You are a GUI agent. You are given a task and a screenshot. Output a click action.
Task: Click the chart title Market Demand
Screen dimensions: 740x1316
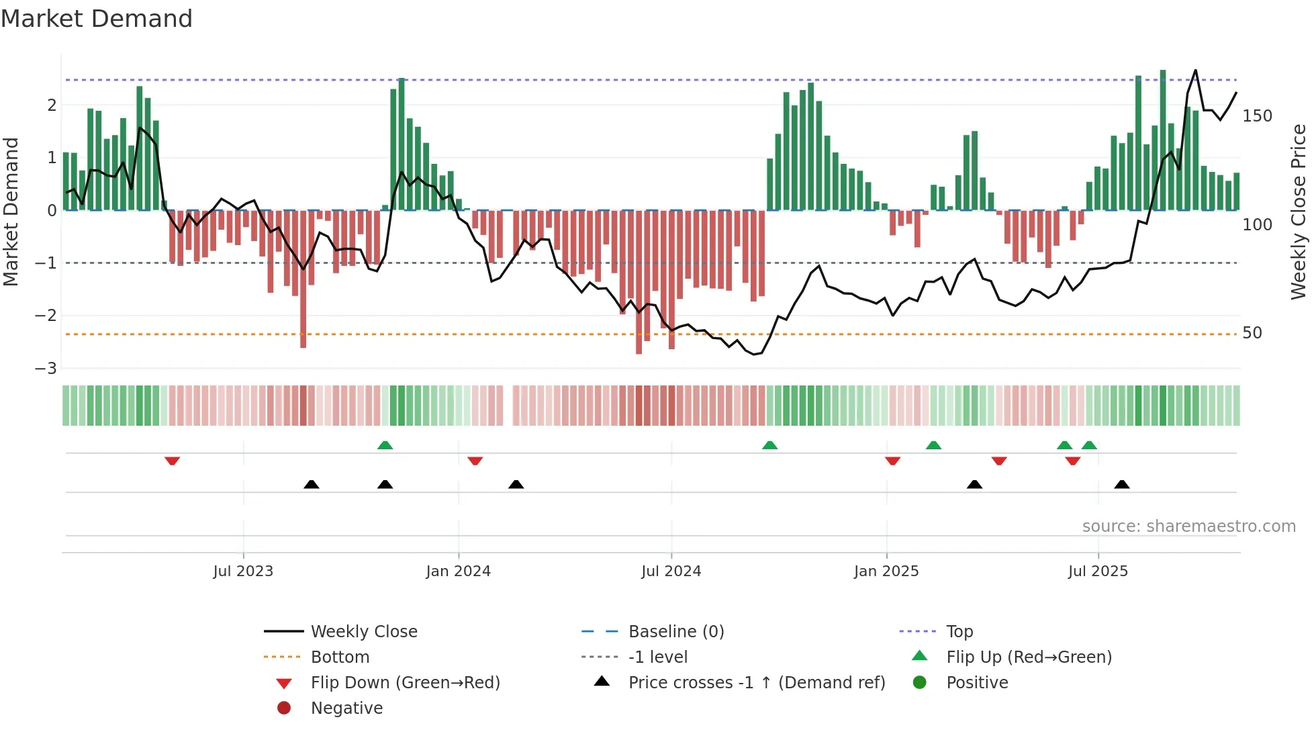tap(97, 18)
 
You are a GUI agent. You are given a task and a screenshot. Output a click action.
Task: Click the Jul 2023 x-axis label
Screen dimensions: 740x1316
tap(243, 571)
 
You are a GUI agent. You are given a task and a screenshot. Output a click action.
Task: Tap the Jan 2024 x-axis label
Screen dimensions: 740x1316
tap(458, 571)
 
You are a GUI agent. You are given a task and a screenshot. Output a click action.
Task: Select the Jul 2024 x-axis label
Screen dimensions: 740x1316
tap(671, 571)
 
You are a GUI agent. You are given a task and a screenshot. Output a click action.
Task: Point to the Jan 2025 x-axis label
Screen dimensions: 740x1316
tap(886, 571)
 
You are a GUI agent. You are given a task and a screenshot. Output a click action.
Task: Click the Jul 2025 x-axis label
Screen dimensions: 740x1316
tap(1098, 571)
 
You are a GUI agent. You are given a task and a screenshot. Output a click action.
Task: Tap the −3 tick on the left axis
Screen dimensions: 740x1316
tap(46, 369)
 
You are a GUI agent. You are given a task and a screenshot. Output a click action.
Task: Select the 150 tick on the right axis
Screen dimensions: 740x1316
tap(1257, 116)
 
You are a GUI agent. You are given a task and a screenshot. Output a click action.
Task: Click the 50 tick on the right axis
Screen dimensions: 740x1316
tap(1252, 333)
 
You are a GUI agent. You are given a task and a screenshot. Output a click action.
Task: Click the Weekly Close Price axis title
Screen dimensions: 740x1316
tap(1299, 212)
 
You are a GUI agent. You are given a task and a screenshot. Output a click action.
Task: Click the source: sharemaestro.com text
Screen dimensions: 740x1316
tap(1188, 526)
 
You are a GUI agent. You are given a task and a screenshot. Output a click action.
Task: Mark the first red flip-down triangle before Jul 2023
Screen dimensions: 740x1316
tap(172, 461)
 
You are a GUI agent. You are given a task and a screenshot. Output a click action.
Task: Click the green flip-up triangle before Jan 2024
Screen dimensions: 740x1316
tap(385, 445)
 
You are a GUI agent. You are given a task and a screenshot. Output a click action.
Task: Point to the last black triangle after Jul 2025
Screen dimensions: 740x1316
tap(1122, 484)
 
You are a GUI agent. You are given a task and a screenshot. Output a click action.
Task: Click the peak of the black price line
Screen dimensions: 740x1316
tap(1195, 71)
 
